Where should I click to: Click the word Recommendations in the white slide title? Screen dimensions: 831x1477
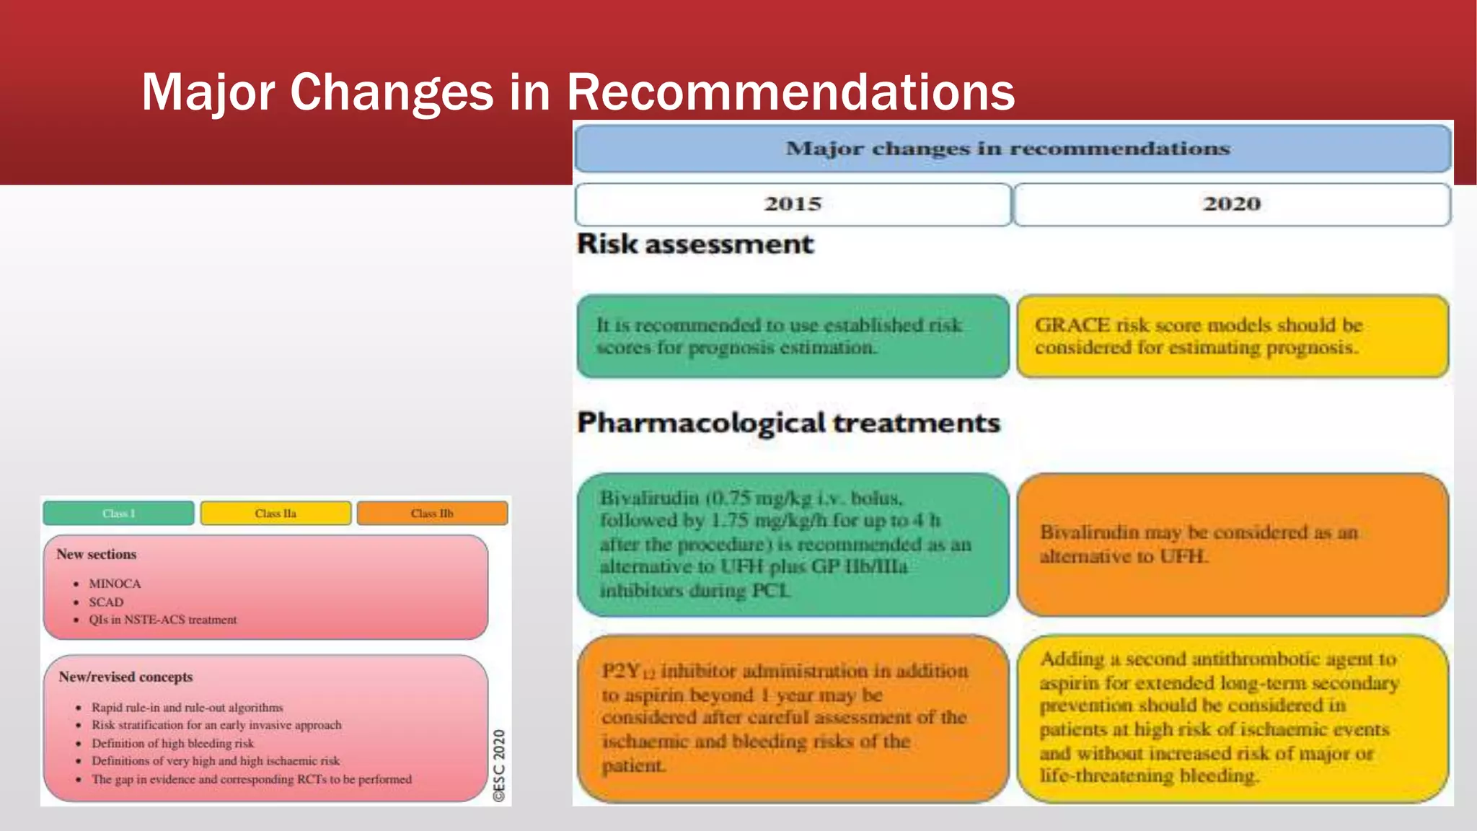(x=790, y=92)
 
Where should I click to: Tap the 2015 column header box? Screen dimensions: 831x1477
(x=793, y=204)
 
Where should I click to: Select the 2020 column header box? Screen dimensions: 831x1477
(x=1232, y=204)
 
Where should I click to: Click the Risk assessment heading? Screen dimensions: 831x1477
(x=695, y=244)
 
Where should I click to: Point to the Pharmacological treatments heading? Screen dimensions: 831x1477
(x=788, y=423)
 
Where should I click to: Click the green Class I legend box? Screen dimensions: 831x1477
(x=118, y=514)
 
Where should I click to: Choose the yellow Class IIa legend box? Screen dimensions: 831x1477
(x=275, y=514)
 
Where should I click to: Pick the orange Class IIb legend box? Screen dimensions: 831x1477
(x=432, y=514)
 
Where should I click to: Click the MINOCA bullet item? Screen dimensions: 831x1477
(x=115, y=584)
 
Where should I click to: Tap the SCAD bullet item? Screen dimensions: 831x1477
(x=106, y=602)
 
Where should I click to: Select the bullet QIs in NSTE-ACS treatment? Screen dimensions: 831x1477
(x=162, y=620)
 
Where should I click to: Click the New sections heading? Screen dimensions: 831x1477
(x=97, y=554)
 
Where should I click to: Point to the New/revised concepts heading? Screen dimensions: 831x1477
(x=125, y=677)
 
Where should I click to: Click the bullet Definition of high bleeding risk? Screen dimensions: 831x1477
(x=172, y=743)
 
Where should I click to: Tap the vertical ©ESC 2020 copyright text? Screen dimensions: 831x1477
(x=499, y=765)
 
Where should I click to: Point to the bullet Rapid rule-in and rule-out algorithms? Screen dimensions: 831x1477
(x=187, y=708)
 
